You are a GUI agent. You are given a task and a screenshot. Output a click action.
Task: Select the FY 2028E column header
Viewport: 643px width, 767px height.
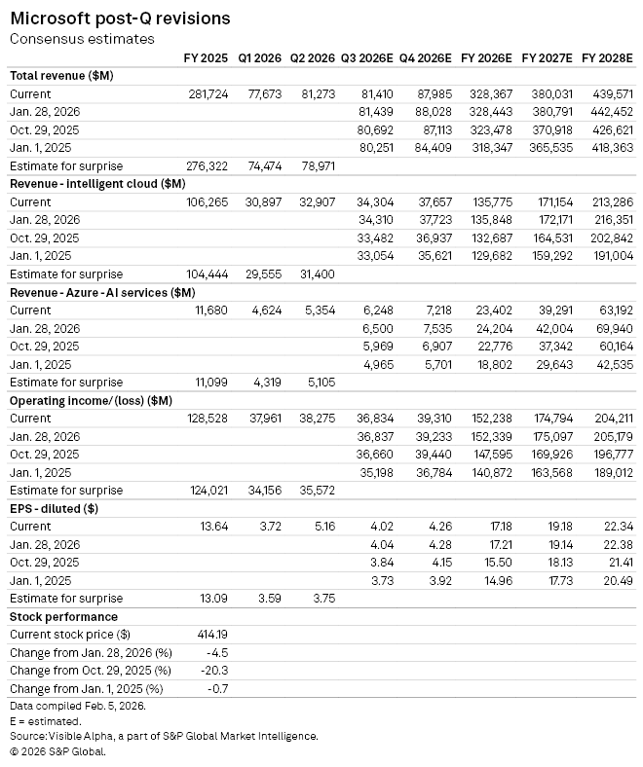coord(607,58)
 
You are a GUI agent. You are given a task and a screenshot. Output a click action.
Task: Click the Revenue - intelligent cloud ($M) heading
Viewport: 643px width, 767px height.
coord(97,184)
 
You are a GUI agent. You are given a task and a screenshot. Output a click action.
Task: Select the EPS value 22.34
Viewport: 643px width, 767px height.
coord(619,527)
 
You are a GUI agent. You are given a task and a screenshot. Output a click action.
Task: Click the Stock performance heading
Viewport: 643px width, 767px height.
coord(63,617)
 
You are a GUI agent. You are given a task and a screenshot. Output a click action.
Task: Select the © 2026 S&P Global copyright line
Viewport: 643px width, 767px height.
coord(57,751)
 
